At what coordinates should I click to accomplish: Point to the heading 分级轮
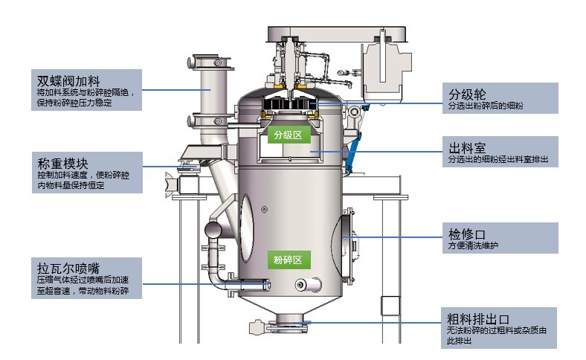click(x=467, y=94)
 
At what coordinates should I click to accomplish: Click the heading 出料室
click(x=467, y=146)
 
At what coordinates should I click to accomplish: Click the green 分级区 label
click(x=287, y=135)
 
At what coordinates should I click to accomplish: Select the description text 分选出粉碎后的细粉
click(x=486, y=107)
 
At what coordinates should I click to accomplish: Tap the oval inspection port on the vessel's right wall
click(x=346, y=236)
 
